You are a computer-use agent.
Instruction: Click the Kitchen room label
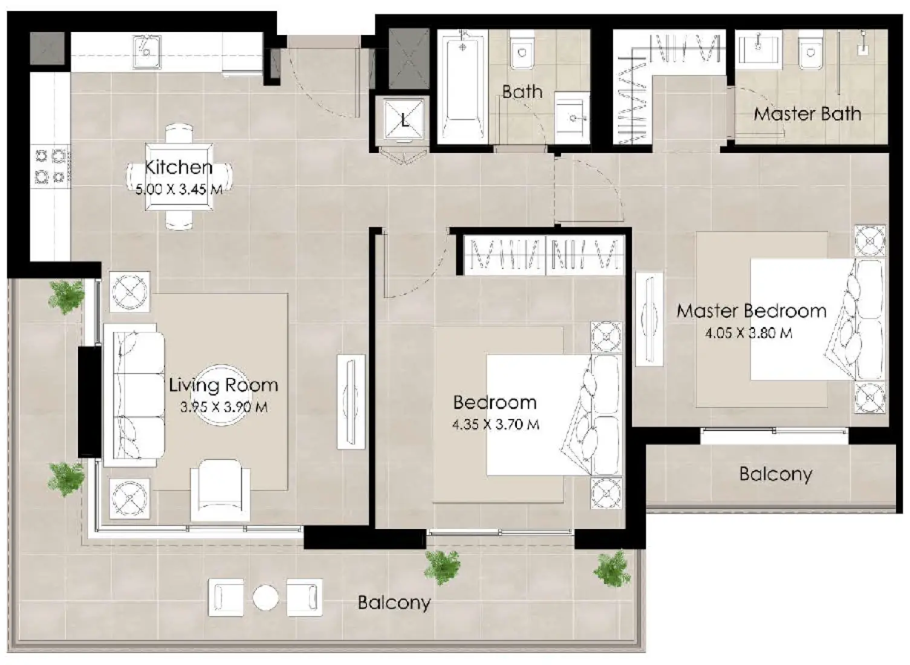(178, 167)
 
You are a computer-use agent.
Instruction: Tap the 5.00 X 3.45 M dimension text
(178, 189)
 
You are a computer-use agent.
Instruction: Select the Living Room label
(223, 385)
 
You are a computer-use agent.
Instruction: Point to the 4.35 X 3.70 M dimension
(495, 424)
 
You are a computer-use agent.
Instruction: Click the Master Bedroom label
(751, 311)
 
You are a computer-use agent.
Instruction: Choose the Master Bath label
(807, 114)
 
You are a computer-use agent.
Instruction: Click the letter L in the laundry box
(405, 120)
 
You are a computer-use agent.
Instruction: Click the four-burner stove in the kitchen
(50, 166)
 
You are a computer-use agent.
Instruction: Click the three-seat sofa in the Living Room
(133, 395)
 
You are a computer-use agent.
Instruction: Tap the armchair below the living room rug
(220, 490)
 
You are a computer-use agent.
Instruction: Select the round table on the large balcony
(265, 598)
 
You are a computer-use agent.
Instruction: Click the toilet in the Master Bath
(811, 51)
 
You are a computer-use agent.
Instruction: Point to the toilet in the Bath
(521, 51)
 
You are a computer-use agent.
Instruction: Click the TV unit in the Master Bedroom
(649, 319)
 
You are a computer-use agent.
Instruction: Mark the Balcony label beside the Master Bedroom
(775, 474)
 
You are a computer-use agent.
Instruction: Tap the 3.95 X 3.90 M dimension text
(224, 407)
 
